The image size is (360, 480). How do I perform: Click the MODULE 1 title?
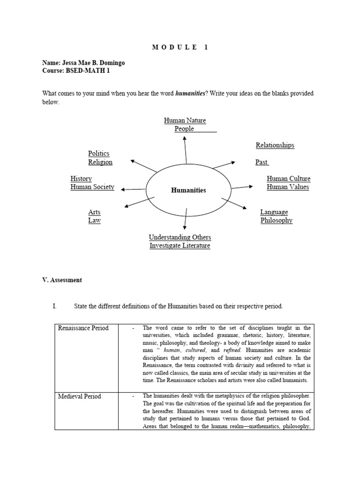pyautogui.click(x=180, y=47)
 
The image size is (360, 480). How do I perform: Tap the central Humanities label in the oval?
pyautogui.click(x=188, y=190)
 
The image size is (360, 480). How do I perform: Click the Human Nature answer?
pyautogui.click(x=185, y=120)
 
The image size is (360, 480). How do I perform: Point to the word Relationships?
pyautogui.click(x=275, y=145)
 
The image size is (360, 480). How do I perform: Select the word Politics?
pyautogui.click(x=98, y=154)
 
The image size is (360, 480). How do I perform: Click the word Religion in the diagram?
pyautogui.click(x=100, y=162)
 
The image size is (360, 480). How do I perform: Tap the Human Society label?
pyautogui.click(x=92, y=187)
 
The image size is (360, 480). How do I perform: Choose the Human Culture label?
pyautogui.click(x=288, y=179)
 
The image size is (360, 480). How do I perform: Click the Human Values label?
pyautogui.click(x=288, y=187)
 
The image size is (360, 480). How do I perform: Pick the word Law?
pyautogui.click(x=94, y=221)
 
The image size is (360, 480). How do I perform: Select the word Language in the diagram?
pyautogui.click(x=274, y=212)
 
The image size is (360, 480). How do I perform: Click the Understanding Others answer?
pyautogui.click(x=180, y=237)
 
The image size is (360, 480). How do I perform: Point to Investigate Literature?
pyautogui.click(x=180, y=246)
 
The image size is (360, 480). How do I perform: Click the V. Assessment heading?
pyautogui.click(x=62, y=280)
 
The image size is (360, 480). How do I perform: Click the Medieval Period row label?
pyautogui.click(x=79, y=397)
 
